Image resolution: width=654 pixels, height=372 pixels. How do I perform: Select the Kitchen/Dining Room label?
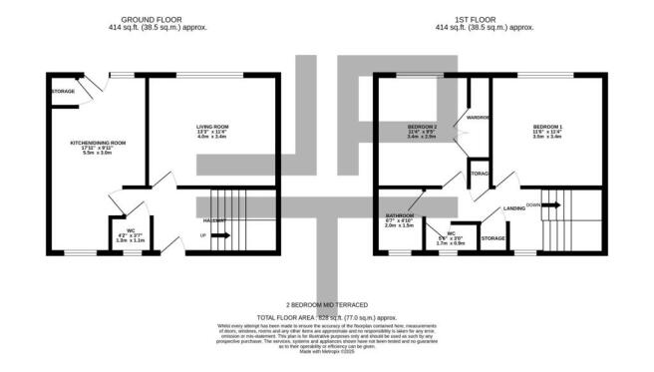[x=97, y=143]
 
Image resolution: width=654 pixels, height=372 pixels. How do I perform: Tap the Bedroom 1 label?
[x=547, y=126]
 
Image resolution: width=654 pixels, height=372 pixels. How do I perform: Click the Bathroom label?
[x=400, y=215]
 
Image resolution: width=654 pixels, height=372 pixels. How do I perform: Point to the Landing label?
[x=514, y=208]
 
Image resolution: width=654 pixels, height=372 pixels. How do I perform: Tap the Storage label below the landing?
[x=493, y=238]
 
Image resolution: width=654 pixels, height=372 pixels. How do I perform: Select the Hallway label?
[x=214, y=219]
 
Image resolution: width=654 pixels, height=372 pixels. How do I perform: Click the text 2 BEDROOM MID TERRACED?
[x=327, y=303]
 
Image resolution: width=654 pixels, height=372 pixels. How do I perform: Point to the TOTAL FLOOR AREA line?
[x=327, y=315]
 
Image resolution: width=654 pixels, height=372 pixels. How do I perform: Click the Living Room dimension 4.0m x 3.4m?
[x=212, y=137]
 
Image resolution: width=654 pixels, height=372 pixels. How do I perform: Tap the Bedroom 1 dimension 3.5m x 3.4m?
[x=547, y=137]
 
